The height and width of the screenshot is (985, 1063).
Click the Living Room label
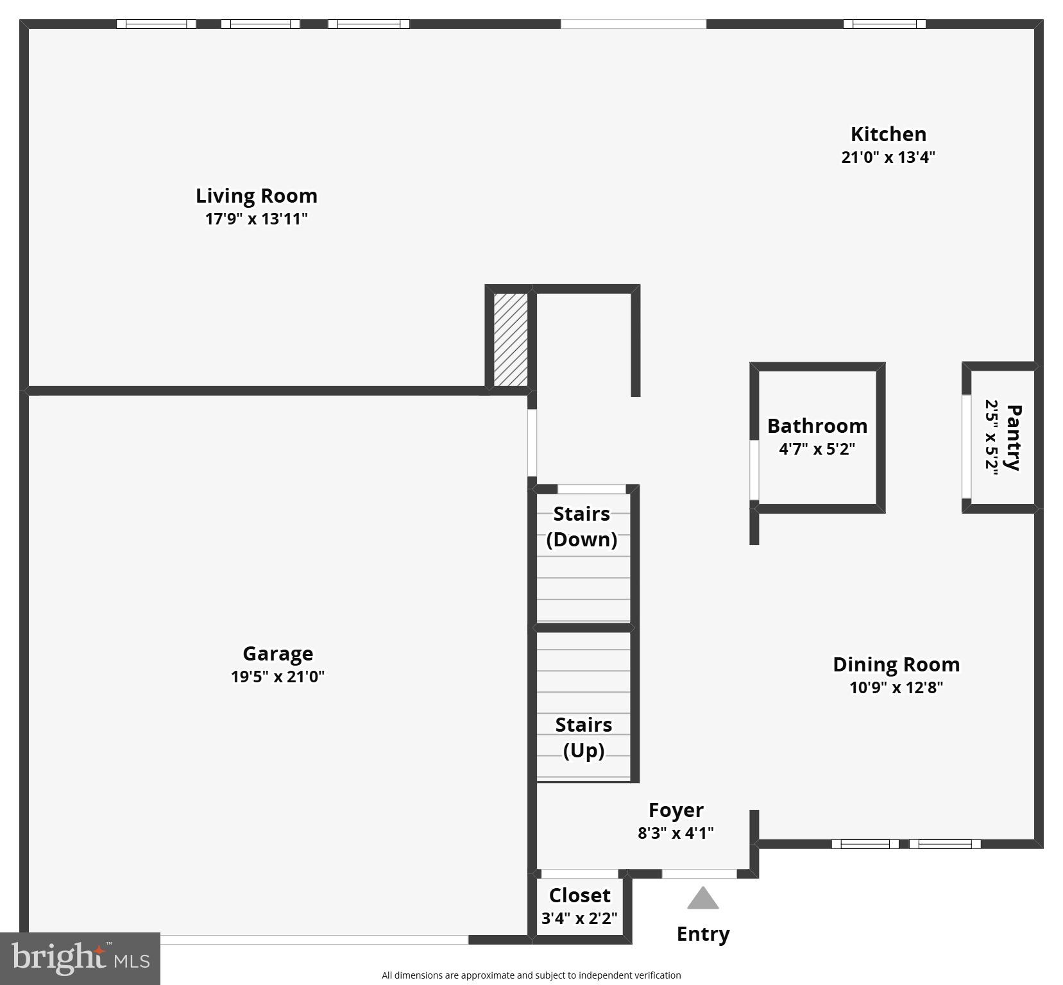click(256, 196)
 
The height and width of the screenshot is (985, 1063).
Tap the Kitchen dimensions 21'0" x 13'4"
click(888, 157)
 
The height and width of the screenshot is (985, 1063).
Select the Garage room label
click(278, 653)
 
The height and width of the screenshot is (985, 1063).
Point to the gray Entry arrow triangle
click(702, 899)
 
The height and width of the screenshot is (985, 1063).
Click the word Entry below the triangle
click(703, 934)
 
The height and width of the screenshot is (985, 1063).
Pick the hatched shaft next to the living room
click(511, 340)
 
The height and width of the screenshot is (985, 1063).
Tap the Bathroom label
click(817, 426)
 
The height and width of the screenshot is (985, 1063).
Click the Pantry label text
click(1013, 437)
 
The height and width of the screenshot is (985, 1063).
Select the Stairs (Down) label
click(582, 526)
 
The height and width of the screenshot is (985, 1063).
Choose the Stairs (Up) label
click(583, 737)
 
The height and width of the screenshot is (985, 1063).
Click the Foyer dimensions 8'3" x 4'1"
click(676, 833)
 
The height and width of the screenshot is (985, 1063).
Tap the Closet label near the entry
click(579, 895)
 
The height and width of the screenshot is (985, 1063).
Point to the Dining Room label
click(896, 664)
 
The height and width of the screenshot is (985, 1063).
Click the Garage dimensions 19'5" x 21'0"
click(278, 677)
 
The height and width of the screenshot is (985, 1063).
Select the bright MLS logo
click(80, 959)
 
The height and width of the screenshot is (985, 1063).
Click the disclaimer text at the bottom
click(531, 975)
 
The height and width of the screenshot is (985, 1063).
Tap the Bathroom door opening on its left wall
click(754, 470)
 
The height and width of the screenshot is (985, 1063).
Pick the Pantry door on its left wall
click(966, 446)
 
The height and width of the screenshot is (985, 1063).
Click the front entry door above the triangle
click(699, 874)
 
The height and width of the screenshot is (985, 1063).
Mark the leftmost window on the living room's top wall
click(156, 24)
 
